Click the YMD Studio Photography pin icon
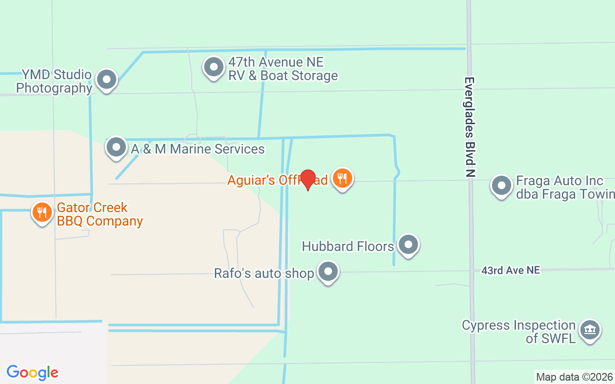(x=106, y=80)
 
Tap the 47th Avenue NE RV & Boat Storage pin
(x=214, y=68)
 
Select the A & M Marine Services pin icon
(x=116, y=148)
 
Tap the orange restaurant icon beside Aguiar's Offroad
(x=342, y=179)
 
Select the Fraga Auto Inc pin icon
(x=502, y=186)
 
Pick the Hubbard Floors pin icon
(x=408, y=245)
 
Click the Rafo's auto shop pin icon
(x=328, y=272)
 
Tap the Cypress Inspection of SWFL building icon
(x=589, y=330)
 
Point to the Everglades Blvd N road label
(x=470, y=127)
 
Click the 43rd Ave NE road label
(x=510, y=270)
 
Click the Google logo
(x=32, y=372)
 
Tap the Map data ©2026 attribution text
(x=574, y=377)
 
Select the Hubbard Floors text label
(x=348, y=246)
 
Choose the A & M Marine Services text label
(x=197, y=149)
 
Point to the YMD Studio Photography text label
(x=54, y=81)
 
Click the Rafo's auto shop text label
(x=264, y=273)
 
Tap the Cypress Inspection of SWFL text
(x=518, y=331)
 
